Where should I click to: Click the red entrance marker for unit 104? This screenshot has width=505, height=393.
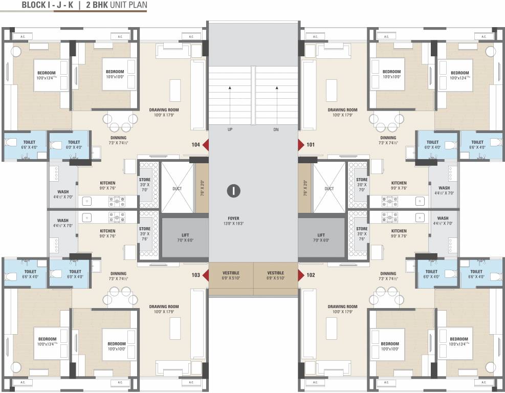pyautogui.click(x=206, y=145)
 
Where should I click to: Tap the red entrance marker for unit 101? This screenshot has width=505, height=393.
pyautogui.click(x=301, y=145)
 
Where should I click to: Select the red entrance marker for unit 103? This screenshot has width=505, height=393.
pyautogui.click(x=206, y=275)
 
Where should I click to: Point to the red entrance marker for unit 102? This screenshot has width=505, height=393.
pyautogui.click(x=301, y=275)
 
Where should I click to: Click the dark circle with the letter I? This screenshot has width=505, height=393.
pyautogui.click(x=233, y=191)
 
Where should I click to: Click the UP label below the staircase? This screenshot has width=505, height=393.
pyautogui.click(x=230, y=130)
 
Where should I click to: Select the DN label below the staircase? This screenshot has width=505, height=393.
pyautogui.click(x=276, y=130)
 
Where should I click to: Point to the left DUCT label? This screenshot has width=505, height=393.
pyautogui.click(x=177, y=189)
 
